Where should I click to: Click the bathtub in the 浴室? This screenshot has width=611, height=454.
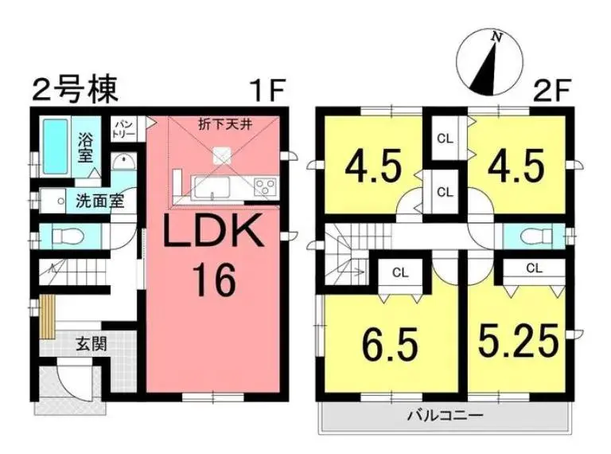pyautogui.click(x=55, y=147)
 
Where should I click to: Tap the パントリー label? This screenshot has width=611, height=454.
pyautogui.click(x=124, y=130)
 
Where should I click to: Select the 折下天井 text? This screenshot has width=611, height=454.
pyautogui.click(x=225, y=125)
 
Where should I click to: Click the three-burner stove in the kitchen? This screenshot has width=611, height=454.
pyautogui.click(x=265, y=186)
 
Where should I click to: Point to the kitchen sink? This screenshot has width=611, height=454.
pyautogui.click(x=212, y=186)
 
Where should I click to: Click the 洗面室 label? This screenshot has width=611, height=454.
pyautogui.click(x=99, y=201)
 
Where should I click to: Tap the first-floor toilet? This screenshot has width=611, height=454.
pyautogui.click(x=67, y=236)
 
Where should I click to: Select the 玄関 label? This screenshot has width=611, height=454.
pyautogui.click(x=91, y=344)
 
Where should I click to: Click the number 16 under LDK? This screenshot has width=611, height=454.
pyautogui.click(x=216, y=280)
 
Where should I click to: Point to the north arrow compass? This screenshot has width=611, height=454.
pyautogui.click(x=489, y=61)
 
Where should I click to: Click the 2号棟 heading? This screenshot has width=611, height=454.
pyautogui.click(x=76, y=91)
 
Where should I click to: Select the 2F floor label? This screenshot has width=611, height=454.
pyautogui.click(x=552, y=91)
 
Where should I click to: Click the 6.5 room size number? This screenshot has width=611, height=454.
pyautogui.click(x=390, y=344)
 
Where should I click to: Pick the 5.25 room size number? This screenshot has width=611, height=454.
pyautogui.click(x=518, y=341)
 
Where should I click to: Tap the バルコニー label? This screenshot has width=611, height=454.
pyautogui.click(x=445, y=415)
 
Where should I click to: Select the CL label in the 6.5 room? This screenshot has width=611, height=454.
pyautogui.click(x=400, y=272)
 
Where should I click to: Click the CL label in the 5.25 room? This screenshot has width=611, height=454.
pyautogui.click(x=535, y=268)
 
